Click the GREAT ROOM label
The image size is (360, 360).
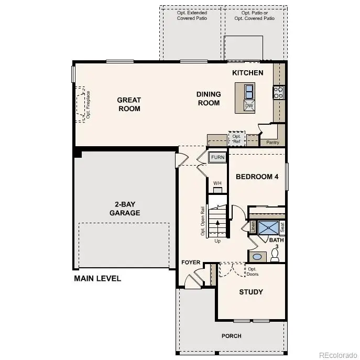click(x=129, y=104)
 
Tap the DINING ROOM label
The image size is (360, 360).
click(x=209, y=99)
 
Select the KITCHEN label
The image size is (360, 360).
click(x=248, y=73)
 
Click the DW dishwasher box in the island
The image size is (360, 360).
click(x=249, y=106)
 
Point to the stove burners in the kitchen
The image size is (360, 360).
click(x=278, y=93)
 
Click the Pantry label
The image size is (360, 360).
click(x=272, y=143)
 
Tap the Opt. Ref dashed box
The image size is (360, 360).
click(x=236, y=138)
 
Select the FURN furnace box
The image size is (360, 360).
click(x=217, y=157)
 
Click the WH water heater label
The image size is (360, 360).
click(x=217, y=183)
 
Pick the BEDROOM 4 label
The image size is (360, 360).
click(x=257, y=177)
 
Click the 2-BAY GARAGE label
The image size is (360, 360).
click(x=125, y=209)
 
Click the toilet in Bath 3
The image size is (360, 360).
click(x=276, y=255)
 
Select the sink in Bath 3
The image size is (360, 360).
click(x=257, y=257)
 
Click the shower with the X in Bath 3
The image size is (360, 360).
click(x=269, y=227)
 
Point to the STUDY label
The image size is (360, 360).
click(x=251, y=292)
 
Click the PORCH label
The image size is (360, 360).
click(x=231, y=336)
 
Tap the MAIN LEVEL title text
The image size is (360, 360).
click(x=97, y=278)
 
